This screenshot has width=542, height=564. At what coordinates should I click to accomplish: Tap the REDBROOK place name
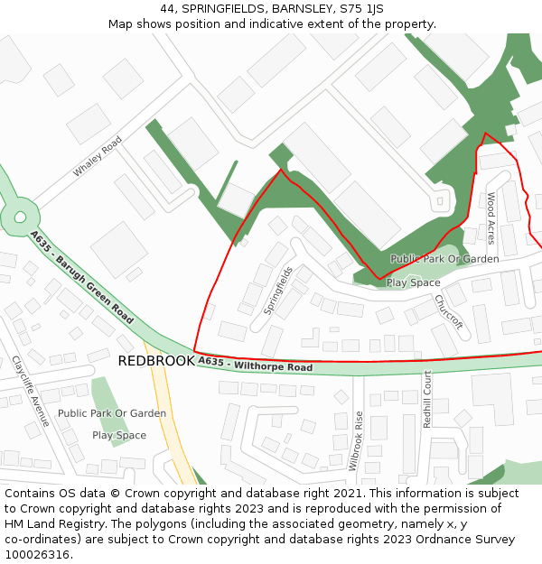(x=155, y=361)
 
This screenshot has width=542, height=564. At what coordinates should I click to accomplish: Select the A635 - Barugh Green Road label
(x=80, y=277)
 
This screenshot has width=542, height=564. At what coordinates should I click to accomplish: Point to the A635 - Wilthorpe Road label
(x=255, y=365)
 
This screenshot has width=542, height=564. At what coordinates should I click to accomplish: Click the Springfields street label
(x=278, y=290)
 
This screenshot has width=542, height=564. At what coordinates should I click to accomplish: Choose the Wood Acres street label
(x=491, y=218)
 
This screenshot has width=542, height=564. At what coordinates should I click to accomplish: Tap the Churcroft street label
(x=448, y=310)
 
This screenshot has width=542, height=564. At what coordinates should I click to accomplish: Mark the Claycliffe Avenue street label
(x=31, y=391)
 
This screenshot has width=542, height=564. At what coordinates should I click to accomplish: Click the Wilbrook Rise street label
(x=355, y=441)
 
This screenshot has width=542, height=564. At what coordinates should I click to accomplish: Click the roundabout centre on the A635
(x=19, y=217)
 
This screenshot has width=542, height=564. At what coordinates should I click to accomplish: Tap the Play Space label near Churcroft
(x=413, y=282)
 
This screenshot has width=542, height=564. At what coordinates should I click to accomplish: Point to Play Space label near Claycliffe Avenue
(x=118, y=435)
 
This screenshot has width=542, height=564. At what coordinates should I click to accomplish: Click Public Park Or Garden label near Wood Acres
(x=444, y=259)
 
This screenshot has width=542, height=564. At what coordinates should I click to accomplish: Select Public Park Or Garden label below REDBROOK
(x=112, y=413)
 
